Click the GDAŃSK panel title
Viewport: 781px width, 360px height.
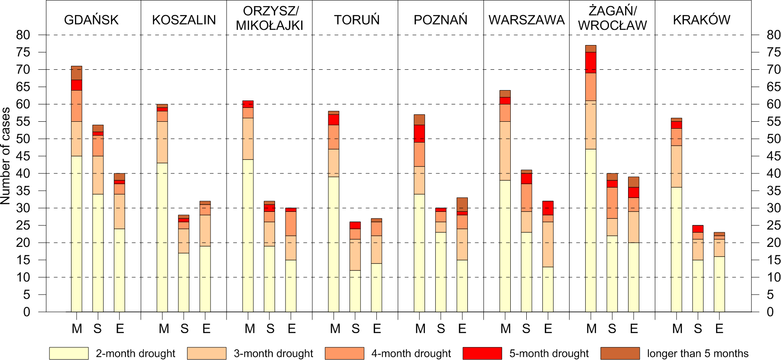coord(91,20)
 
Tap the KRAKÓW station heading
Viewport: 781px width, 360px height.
coord(701,20)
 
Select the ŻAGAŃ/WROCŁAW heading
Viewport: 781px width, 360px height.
coord(612,18)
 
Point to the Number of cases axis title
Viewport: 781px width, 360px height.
coord(6,156)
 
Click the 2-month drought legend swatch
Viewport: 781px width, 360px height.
coord(68,353)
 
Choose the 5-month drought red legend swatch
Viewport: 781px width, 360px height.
coord(482,353)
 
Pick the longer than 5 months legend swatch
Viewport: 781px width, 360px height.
coord(620,353)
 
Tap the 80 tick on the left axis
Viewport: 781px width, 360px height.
coord(23,35)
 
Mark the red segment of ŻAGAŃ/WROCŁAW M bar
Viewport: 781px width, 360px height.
coord(590,62)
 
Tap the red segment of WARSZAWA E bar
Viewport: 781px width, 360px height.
coord(548,208)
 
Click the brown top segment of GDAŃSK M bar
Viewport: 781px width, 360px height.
coord(77,73)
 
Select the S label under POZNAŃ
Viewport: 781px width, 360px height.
coord(441,329)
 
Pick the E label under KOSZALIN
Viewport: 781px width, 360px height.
coord(206,329)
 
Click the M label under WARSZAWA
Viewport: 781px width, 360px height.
coord(506,329)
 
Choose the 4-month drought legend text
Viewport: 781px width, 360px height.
coord(411,354)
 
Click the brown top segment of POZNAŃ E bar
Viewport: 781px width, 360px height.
coord(462,204)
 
